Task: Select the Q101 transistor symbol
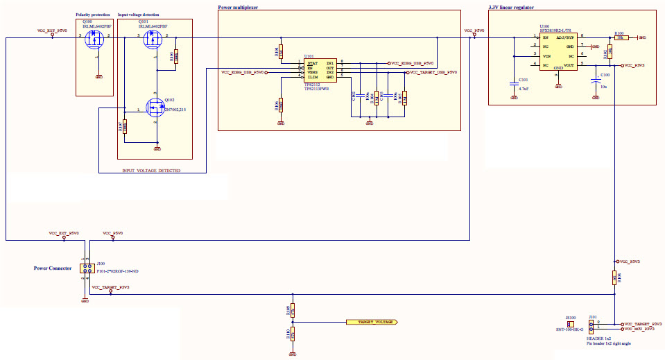point(153,41)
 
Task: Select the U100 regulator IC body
point(558,52)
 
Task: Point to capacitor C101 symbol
point(514,80)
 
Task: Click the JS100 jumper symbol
point(571,324)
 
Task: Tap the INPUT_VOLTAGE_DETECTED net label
point(151,170)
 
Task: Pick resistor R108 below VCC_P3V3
point(614,278)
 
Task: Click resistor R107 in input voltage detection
point(125,126)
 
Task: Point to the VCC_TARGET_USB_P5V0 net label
point(433,72)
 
